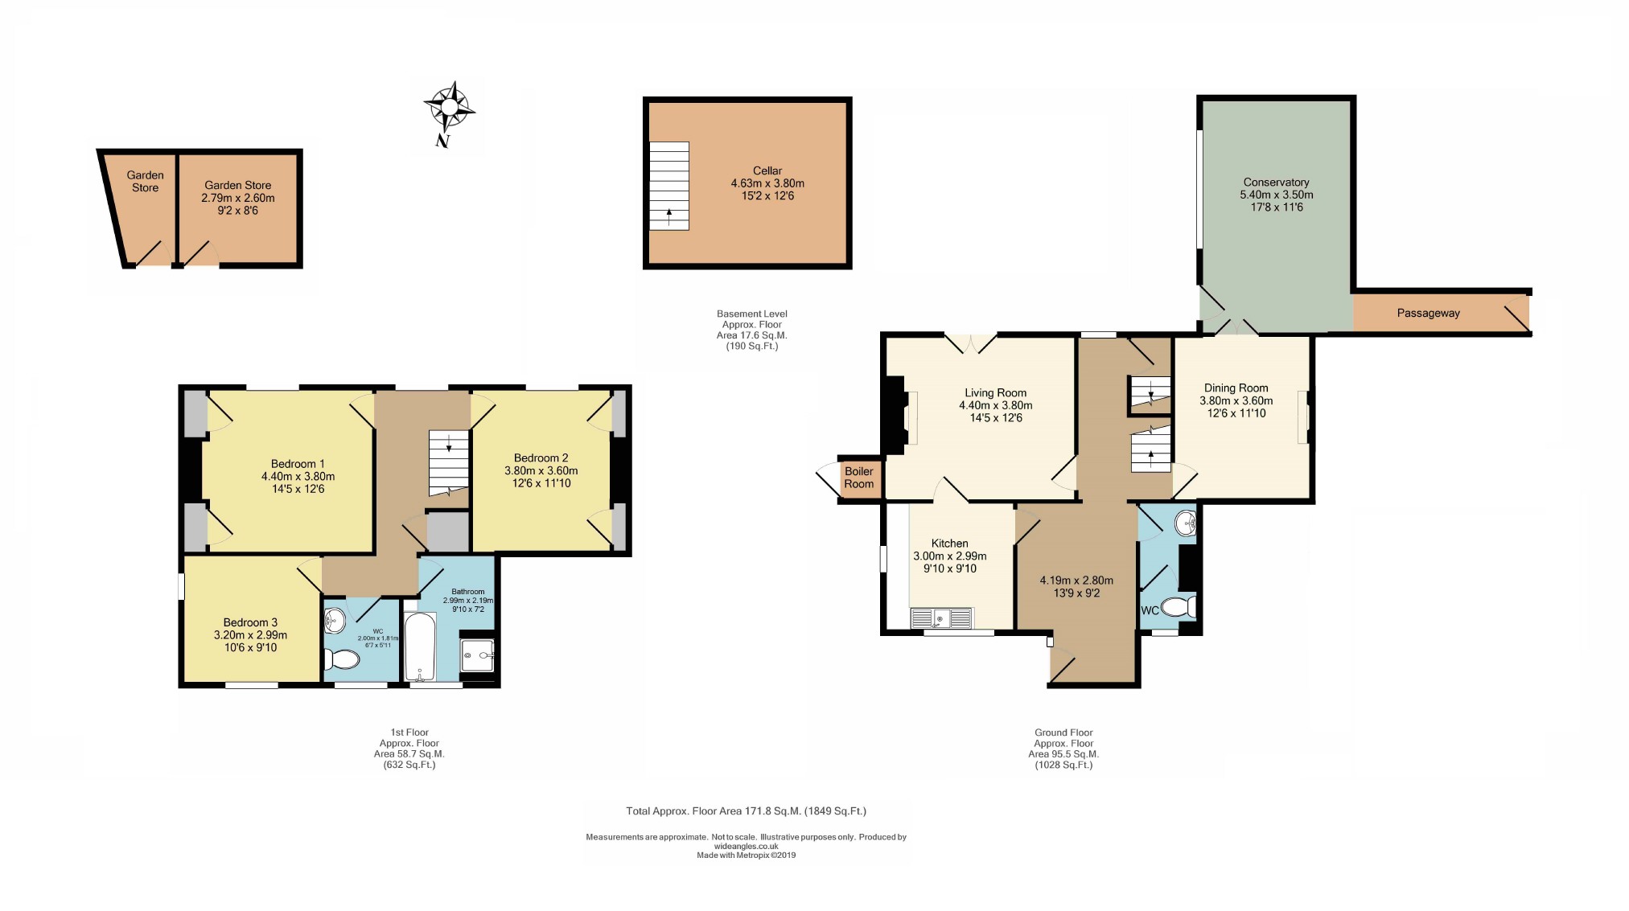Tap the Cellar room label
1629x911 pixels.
coord(767,170)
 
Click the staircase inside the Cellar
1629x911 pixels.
coord(669,186)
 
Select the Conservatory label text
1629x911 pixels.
coord(1276,183)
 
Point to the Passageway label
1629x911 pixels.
coord(1428,314)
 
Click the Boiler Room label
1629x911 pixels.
coord(858,478)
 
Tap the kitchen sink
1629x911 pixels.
coord(941,618)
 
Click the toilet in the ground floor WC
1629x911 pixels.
coord(1180,607)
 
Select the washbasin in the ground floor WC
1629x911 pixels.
coord(1186,524)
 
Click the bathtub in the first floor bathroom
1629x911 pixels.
coord(420,647)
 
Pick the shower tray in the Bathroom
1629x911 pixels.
coord(477,655)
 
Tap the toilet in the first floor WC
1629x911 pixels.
coord(341,660)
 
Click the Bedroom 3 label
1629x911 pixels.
coord(250,622)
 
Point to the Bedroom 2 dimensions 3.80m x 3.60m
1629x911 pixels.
coord(541,470)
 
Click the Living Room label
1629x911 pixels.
coord(996,393)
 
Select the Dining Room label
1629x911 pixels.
coord(1236,388)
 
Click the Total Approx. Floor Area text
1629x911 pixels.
coord(747,811)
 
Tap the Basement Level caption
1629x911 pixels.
coord(752,314)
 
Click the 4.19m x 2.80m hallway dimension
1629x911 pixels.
coord(1076,581)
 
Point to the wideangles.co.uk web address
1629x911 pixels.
coord(747,846)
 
